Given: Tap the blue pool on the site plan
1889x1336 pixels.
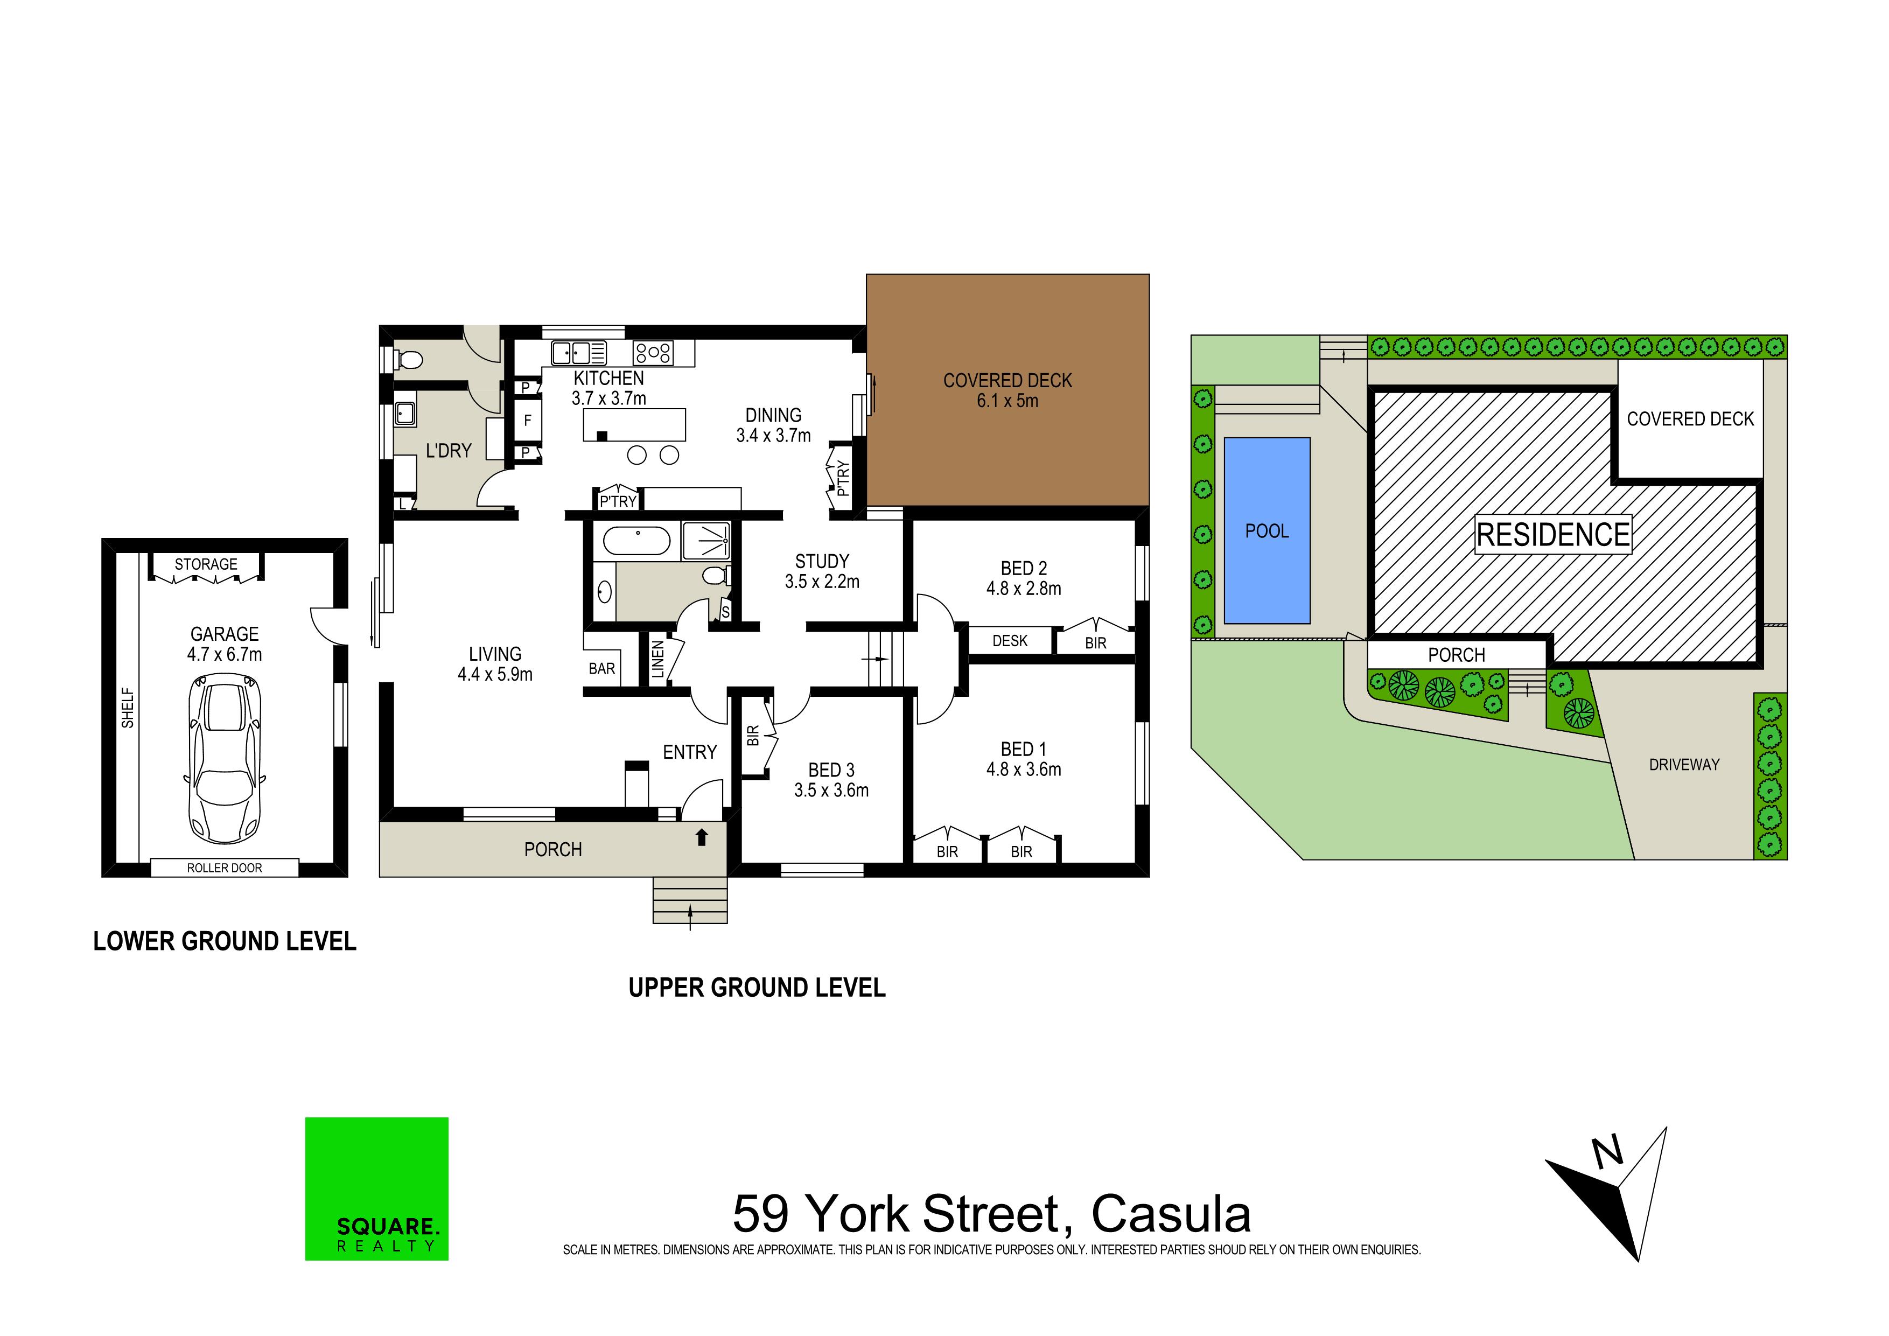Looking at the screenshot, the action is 1267,530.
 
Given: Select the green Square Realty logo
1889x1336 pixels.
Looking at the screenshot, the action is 377,1189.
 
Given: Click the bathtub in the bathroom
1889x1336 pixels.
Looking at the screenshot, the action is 637,541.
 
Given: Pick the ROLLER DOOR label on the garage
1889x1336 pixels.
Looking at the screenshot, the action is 225,868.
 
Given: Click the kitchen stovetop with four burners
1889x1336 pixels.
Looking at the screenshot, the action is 653,353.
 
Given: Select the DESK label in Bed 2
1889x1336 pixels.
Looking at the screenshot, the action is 1010,641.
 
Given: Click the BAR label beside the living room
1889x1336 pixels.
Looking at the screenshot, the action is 601,669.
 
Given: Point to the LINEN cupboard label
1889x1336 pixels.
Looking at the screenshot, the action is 657,660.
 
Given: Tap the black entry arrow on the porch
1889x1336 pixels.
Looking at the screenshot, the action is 702,837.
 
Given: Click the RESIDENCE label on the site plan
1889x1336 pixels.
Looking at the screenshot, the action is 1552,535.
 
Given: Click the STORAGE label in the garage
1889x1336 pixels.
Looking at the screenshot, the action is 206,564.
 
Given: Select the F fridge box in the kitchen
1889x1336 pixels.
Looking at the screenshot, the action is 527,421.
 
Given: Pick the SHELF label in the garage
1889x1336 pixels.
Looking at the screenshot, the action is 128,708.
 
